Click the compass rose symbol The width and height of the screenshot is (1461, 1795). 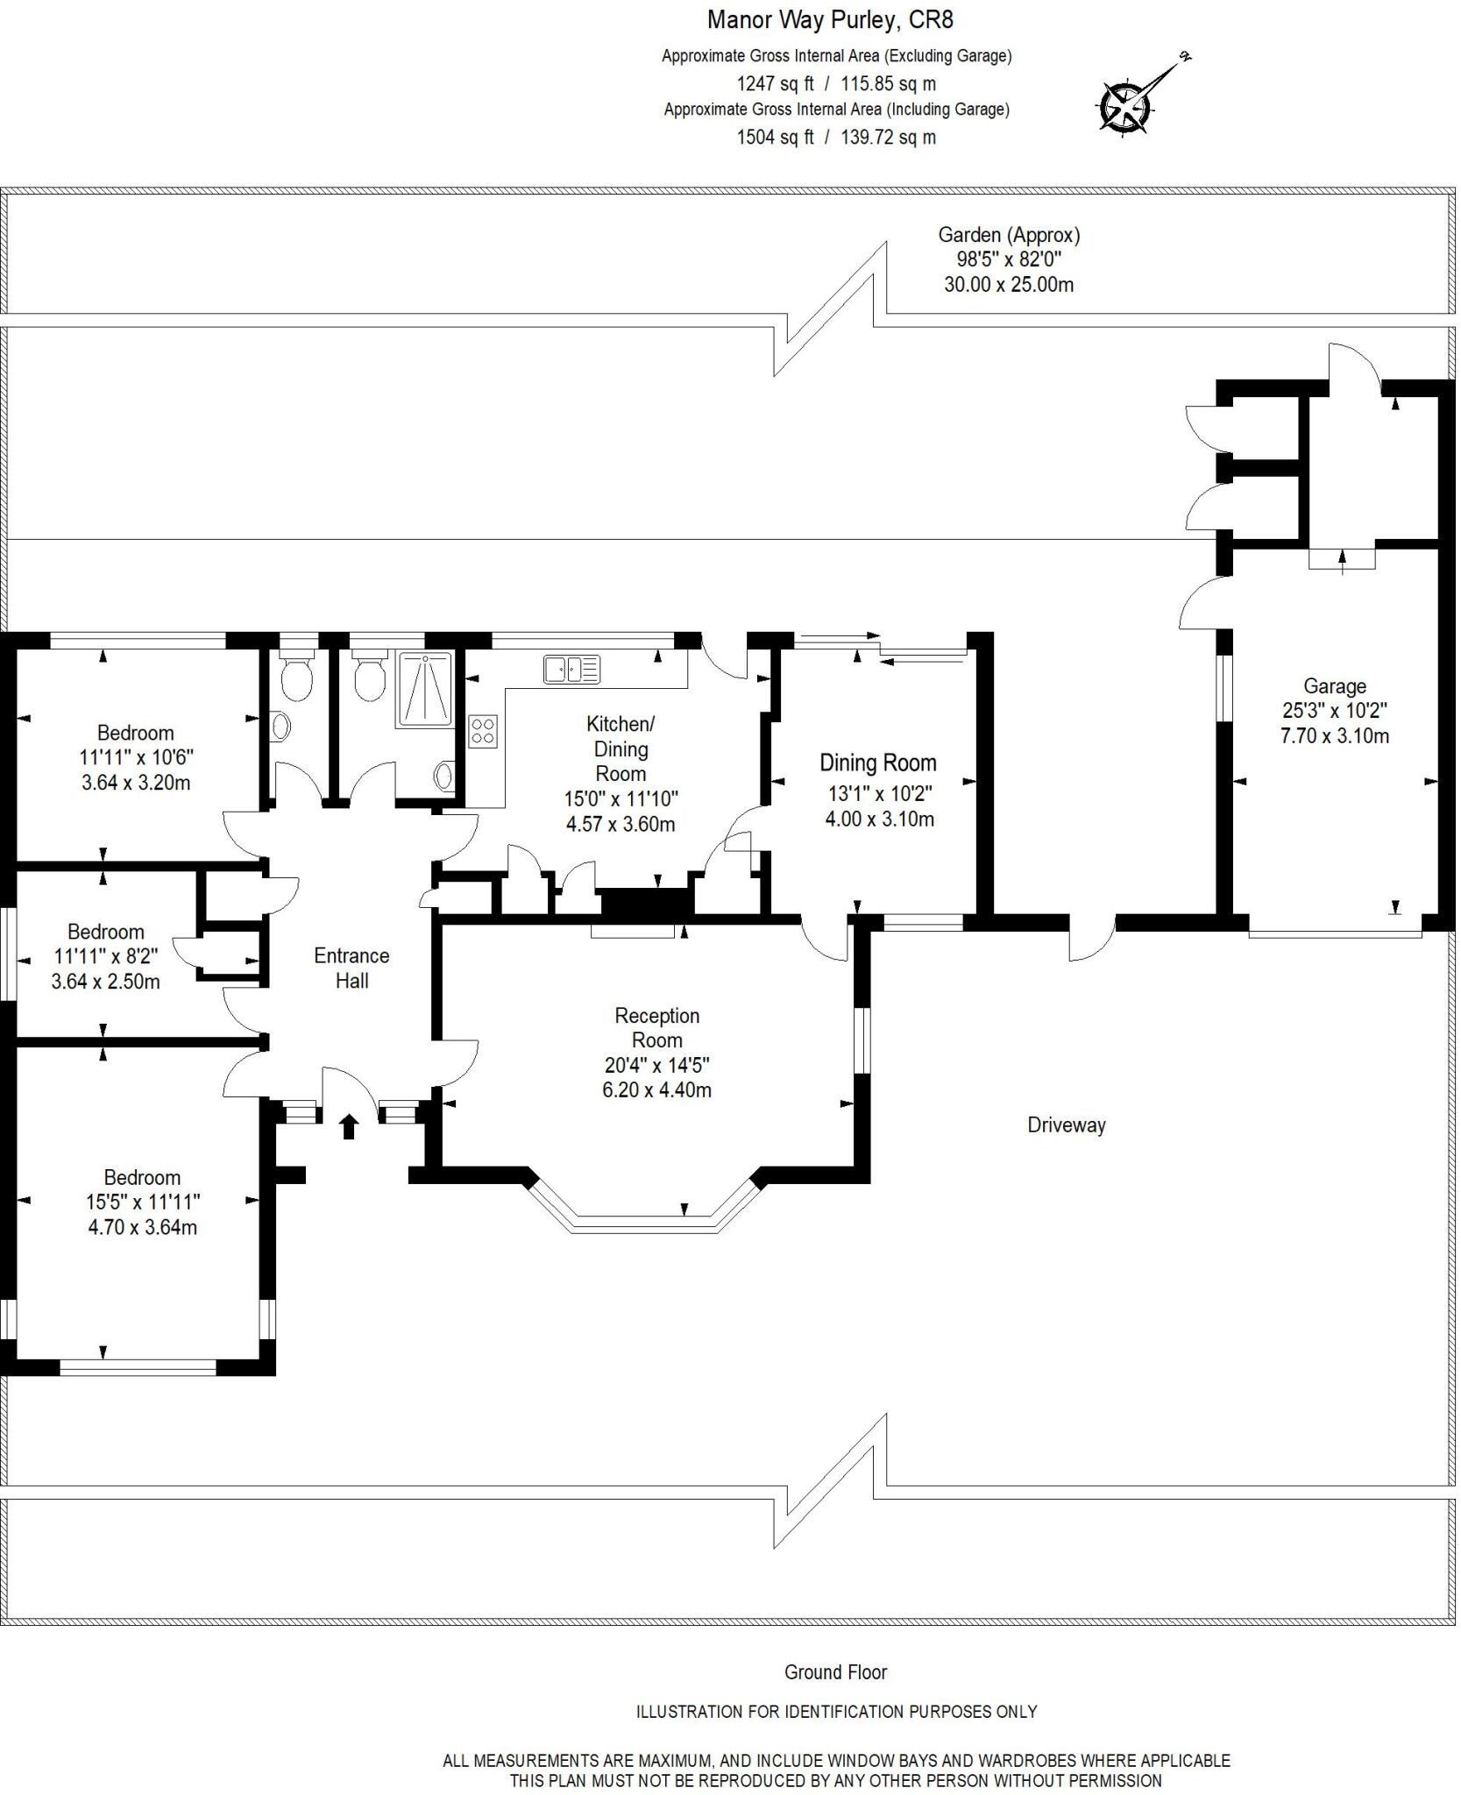click(x=1125, y=107)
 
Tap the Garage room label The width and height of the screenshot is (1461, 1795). click(x=1334, y=686)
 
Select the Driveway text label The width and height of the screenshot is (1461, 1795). click(x=1066, y=1125)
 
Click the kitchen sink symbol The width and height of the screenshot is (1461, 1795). click(x=571, y=669)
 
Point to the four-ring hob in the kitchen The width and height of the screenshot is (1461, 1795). click(x=483, y=731)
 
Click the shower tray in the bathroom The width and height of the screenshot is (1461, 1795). click(x=425, y=689)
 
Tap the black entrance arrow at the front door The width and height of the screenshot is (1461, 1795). click(x=349, y=1126)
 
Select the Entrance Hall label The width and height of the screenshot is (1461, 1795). click(x=351, y=968)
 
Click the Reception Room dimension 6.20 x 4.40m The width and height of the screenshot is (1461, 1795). click(x=656, y=1090)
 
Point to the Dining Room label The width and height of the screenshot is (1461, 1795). click(x=877, y=763)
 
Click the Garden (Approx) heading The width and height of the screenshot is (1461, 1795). click(x=1009, y=235)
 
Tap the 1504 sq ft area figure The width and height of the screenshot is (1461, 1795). click(x=775, y=138)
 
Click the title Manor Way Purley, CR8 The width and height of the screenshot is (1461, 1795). click(x=830, y=19)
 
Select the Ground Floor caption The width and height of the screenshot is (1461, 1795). click(x=835, y=1672)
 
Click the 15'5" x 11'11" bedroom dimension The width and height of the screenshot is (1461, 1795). click(x=143, y=1203)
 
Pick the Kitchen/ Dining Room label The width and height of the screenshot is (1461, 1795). click(x=621, y=749)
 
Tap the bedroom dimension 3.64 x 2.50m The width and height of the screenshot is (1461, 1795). click(x=105, y=982)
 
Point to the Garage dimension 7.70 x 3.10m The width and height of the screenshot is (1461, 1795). click(x=1334, y=736)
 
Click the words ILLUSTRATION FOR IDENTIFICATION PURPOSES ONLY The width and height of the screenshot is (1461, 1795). click(x=836, y=1711)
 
